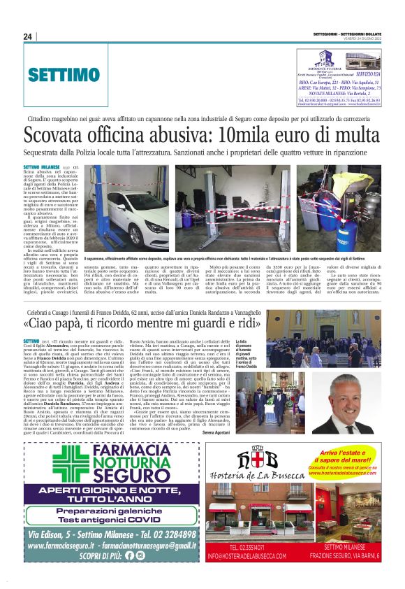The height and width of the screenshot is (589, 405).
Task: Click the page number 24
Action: (27, 36)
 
